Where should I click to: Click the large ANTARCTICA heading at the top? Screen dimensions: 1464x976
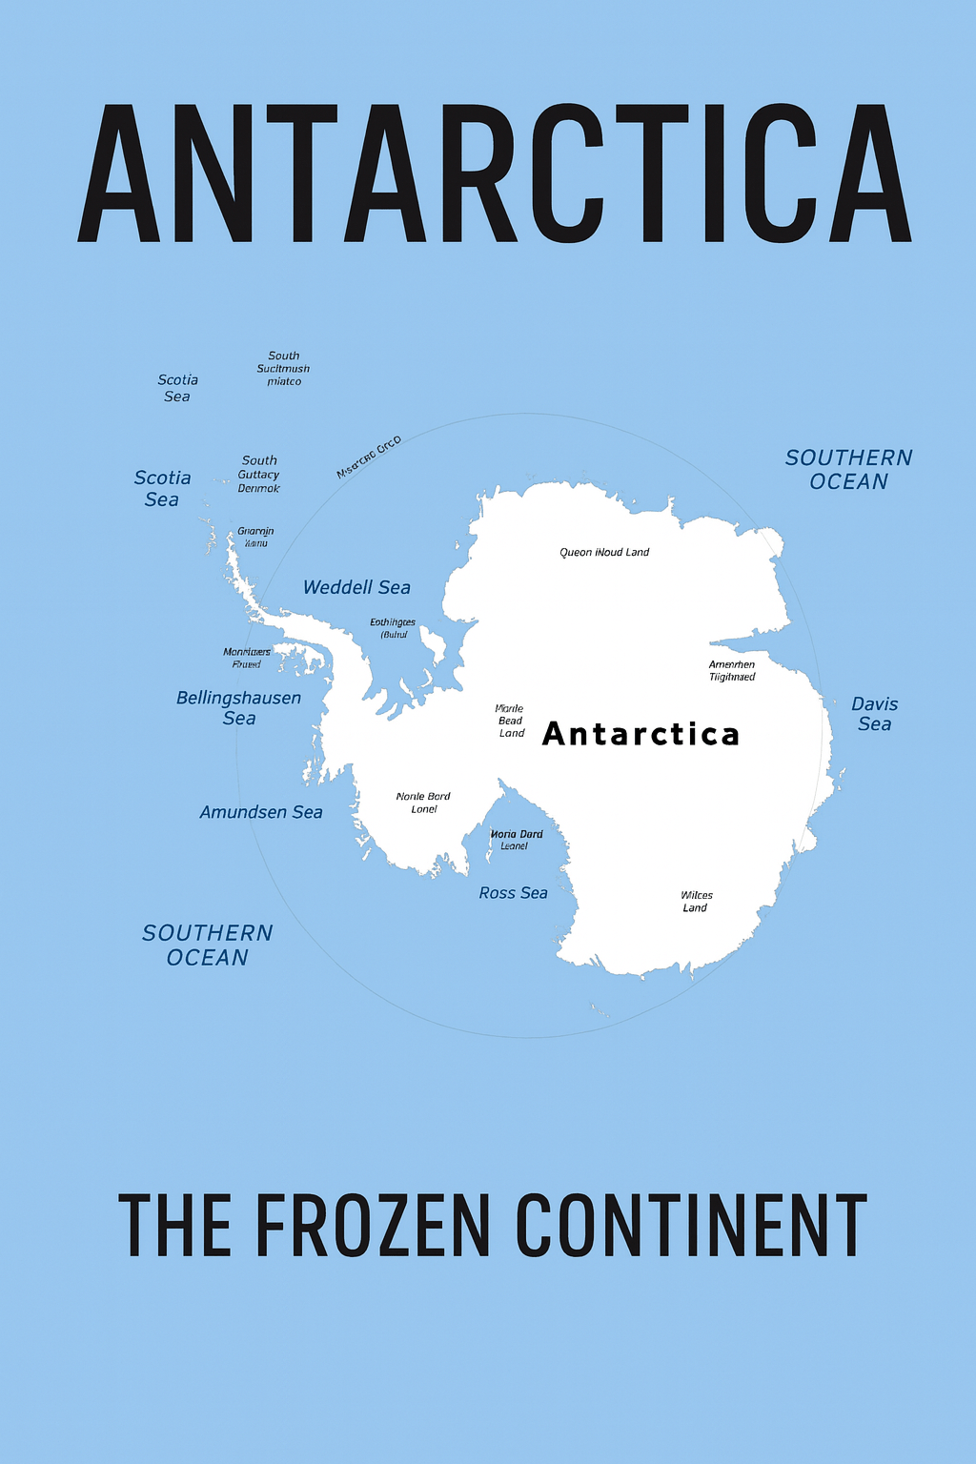coord(494,174)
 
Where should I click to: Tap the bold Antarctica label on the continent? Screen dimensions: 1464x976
coord(640,734)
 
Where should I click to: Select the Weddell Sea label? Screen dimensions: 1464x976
coord(356,588)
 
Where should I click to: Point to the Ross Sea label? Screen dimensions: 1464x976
coord(513,893)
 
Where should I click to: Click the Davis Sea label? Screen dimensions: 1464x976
coord(874,714)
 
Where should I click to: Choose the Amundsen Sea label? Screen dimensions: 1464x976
coord(261,812)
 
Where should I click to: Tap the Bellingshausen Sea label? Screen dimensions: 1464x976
coord(238,708)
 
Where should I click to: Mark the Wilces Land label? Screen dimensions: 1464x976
coord(696,902)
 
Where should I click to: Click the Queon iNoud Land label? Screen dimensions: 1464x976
coord(604,552)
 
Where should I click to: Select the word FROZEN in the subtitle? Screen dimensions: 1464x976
coord(373,1227)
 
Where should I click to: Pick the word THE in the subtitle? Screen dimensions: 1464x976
coord(174,1227)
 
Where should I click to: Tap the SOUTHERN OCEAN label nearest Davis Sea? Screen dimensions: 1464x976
coord(848,470)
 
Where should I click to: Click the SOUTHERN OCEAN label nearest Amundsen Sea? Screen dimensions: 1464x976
coord(208,945)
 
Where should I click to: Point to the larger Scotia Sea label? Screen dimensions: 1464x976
coord(162,488)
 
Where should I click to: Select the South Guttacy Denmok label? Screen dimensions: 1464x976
coord(259,475)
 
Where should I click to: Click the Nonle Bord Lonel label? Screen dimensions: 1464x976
coord(423,803)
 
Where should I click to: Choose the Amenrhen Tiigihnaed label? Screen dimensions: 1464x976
coord(732,671)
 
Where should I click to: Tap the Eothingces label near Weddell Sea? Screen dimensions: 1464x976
coord(393,628)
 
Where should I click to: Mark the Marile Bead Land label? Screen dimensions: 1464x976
coord(511,721)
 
